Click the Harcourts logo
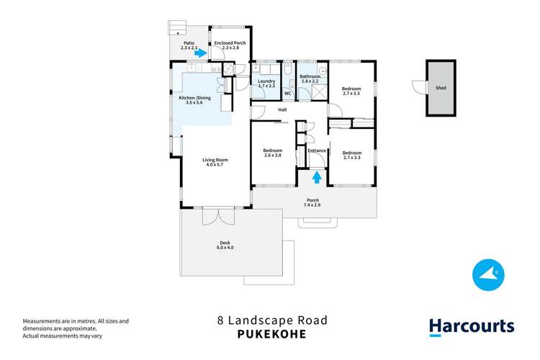pos(472,326)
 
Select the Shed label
pos(441,88)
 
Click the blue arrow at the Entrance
pos(316,176)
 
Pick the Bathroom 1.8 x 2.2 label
pos(310,78)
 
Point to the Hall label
pos(282,110)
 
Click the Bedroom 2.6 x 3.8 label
pos(272,153)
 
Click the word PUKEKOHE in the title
pos(269,334)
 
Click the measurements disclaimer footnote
pos(65,328)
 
